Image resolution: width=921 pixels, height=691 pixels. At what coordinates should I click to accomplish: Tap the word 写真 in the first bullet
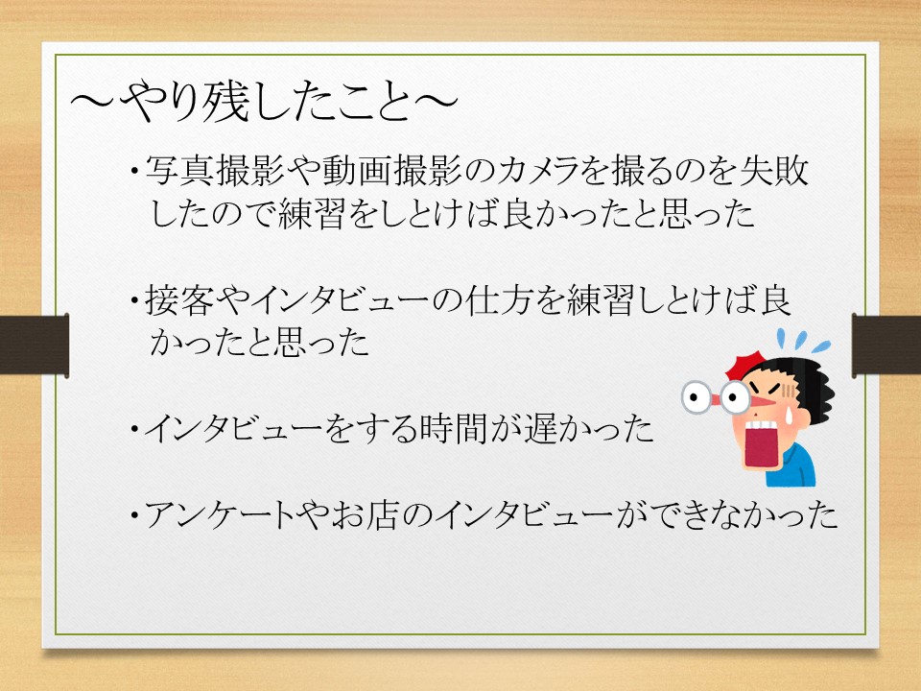[x=180, y=171]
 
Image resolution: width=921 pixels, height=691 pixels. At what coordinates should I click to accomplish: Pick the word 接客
[x=179, y=300]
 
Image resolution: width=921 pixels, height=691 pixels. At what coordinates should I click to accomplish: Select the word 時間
[x=453, y=428]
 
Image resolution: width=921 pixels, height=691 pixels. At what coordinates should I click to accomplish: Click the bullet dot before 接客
[x=135, y=301]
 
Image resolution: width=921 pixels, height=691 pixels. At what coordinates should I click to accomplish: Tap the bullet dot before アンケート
[x=135, y=516]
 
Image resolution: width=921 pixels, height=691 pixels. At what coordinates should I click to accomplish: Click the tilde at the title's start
[x=93, y=103]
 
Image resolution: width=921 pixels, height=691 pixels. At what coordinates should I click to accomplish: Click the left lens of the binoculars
[x=697, y=397]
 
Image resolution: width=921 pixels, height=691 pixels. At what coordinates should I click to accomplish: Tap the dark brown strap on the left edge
[x=35, y=345]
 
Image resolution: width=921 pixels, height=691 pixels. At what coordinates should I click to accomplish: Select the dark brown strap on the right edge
[x=886, y=345]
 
